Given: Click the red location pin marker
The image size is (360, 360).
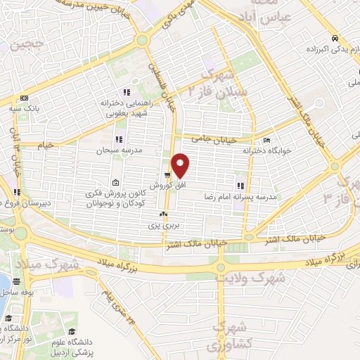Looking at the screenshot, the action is (x=181, y=165).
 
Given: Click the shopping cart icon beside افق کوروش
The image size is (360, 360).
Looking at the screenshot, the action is (x=167, y=176).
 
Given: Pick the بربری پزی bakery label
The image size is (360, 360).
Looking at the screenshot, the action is (x=163, y=226).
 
